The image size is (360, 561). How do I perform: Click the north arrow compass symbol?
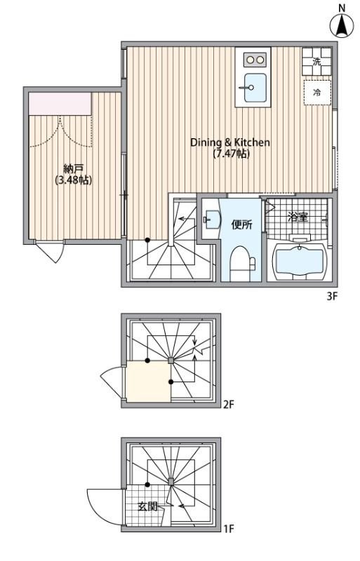(x=342, y=25)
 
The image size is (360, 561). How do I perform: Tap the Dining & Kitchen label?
(x=230, y=142)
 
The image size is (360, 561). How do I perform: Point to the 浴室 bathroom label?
(x=298, y=217)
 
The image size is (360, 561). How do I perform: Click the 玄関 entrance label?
(x=147, y=506)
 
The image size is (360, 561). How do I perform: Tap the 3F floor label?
(x=333, y=296)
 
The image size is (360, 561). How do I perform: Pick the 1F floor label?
(x=229, y=529)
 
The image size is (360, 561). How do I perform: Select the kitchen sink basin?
(x=253, y=87)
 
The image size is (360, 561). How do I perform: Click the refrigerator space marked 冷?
(x=317, y=92)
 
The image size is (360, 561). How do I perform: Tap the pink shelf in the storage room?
(x=60, y=104)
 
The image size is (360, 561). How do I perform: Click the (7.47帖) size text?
(x=231, y=154)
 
